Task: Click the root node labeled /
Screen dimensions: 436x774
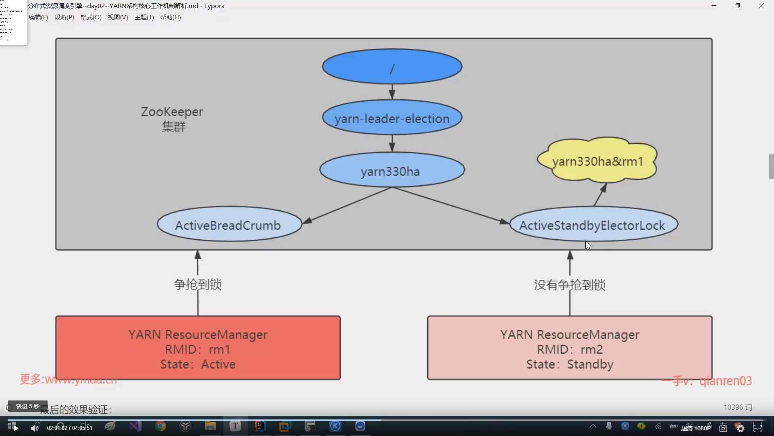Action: pyautogui.click(x=392, y=67)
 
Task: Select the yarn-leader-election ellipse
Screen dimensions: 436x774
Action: pyautogui.click(x=392, y=118)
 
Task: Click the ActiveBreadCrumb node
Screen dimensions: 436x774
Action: pyautogui.click(x=229, y=225)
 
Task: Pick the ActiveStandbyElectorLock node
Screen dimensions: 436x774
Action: pyautogui.click(x=593, y=225)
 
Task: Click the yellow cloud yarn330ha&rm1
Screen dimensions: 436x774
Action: pyautogui.click(x=597, y=161)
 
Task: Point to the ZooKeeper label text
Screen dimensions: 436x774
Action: pyautogui.click(x=172, y=112)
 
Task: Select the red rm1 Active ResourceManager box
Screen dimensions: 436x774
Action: pyautogui.click(x=198, y=348)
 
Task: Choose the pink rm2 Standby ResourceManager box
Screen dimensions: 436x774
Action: pyautogui.click(x=570, y=348)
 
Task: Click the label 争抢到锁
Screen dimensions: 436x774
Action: pyautogui.click(x=198, y=284)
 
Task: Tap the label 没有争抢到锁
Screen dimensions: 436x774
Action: pyautogui.click(x=570, y=285)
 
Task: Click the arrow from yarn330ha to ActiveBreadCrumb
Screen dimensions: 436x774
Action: pyautogui.click(x=347, y=205)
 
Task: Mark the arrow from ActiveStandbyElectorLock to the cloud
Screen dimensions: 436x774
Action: pyautogui.click(x=600, y=195)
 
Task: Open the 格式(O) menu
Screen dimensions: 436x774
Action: pyautogui.click(x=91, y=17)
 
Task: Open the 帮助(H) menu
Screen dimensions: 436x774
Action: pyautogui.click(x=170, y=17)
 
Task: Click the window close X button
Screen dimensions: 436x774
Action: pyautogui.click(x=761, y=6)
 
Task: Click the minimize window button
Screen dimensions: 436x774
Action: pyautogui.click(x=714, y=6)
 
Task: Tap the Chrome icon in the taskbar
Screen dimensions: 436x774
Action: pyautogui.click(x=160, y=426)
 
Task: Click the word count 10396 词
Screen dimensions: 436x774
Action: pyautogui.click(x=737, y=407)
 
